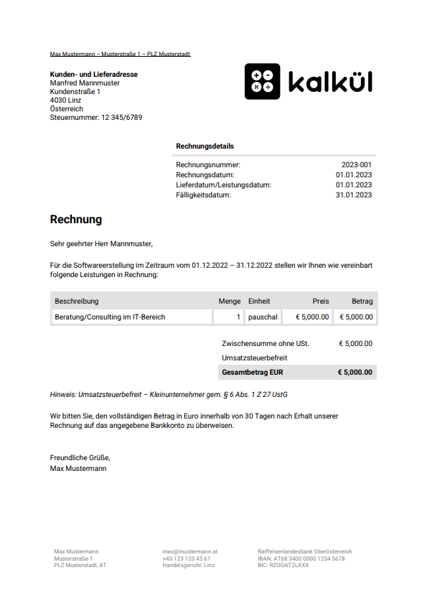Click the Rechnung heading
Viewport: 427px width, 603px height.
[76, 219]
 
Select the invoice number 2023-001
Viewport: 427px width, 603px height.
[357, 165]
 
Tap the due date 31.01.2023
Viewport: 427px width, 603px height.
[354, 195]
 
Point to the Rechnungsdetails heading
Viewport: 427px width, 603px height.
[205, 146]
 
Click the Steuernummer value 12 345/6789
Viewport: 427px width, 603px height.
[121, 118]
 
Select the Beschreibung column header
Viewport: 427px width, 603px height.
[77, 301]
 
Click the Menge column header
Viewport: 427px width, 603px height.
[230, 301]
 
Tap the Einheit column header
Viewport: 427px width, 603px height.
[259, 301]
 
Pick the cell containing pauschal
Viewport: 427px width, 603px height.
[262, 317]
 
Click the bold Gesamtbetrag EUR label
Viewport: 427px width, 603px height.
[253, 373]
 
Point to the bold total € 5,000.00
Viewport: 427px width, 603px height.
[355, 373]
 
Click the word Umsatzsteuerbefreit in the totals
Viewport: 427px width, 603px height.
[255, 357]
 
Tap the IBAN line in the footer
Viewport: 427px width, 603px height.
[301, 558]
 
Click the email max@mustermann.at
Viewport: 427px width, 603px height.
[190, 551]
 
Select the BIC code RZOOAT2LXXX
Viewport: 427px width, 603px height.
[283, 565]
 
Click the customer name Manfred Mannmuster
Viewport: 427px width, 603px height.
[85, 83]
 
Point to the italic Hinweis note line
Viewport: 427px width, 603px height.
[169, 395]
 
